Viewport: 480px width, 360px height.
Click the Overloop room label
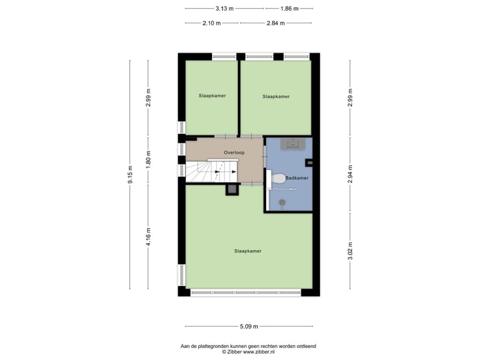tap(235, 153)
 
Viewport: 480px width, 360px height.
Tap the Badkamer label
tap(296, 179)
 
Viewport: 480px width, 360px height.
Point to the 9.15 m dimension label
tap(131, 175)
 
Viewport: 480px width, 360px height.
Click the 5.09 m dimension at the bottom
tap(249, 327)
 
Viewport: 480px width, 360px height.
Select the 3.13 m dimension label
tap(225, 9)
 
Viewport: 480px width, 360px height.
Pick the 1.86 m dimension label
tap(289, 9)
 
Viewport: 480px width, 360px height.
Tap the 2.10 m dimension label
tap(211, 23)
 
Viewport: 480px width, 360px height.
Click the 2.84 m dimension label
tap(275, 23)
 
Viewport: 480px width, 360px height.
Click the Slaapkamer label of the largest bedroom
tap(247, 251)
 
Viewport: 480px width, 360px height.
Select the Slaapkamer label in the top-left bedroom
tap(212, 96)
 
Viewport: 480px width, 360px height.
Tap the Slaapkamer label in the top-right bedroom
tap(276, 97)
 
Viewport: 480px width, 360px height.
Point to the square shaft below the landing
tap(232, 190)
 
